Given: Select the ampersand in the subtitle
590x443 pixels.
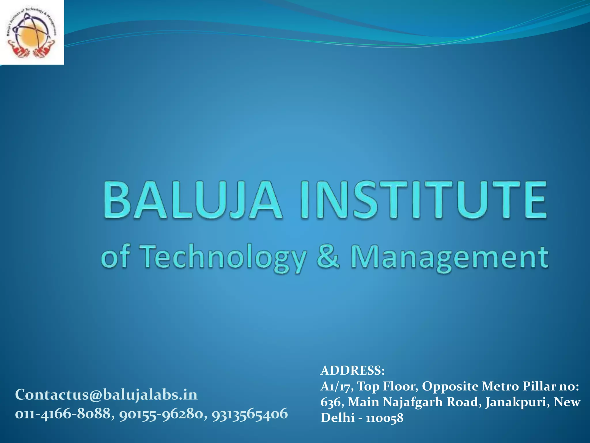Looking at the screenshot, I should (x=328, y=256).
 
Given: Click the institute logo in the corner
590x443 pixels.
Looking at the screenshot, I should (x=32, y=32).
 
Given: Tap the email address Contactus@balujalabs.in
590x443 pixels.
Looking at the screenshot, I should (x=106, y=394).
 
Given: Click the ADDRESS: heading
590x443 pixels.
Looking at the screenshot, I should (x=353, y=370).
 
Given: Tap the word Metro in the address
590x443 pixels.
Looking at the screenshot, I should (x=499, y=386).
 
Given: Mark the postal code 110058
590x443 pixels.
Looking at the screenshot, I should (x=385, y=418).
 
